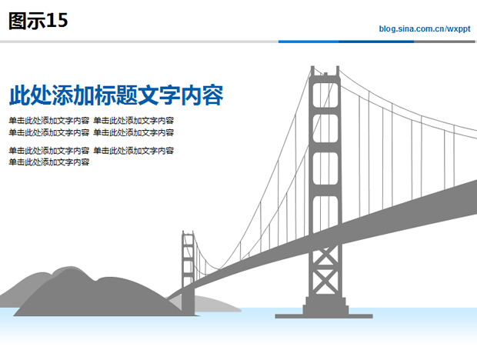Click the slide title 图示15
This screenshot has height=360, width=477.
38,21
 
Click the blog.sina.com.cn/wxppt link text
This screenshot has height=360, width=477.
425,29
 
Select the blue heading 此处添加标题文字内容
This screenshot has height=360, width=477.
116,95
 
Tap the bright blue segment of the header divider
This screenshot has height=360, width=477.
309,42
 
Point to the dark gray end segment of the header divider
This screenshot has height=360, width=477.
445,42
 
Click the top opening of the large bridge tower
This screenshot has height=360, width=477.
325,95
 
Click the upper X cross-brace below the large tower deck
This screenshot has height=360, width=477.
325,256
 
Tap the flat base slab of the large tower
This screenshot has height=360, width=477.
324,316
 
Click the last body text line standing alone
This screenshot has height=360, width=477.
49,162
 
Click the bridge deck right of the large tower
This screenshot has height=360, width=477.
408,213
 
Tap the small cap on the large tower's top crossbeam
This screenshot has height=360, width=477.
325,74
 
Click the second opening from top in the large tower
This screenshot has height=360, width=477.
325,128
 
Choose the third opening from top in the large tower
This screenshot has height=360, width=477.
325,168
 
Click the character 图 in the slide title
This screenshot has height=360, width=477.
18,21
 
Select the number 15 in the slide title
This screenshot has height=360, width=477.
57,20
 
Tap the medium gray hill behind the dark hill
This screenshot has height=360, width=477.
33,286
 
